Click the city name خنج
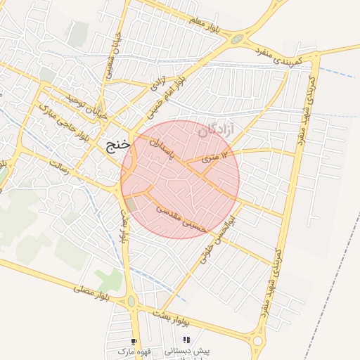pos(117,146)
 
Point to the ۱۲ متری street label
pos(216,157)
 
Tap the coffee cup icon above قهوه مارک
pos(134,340)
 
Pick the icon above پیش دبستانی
pos(186,340)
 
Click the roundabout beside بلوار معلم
pos(238,39)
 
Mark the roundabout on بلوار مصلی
pos(131,302)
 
